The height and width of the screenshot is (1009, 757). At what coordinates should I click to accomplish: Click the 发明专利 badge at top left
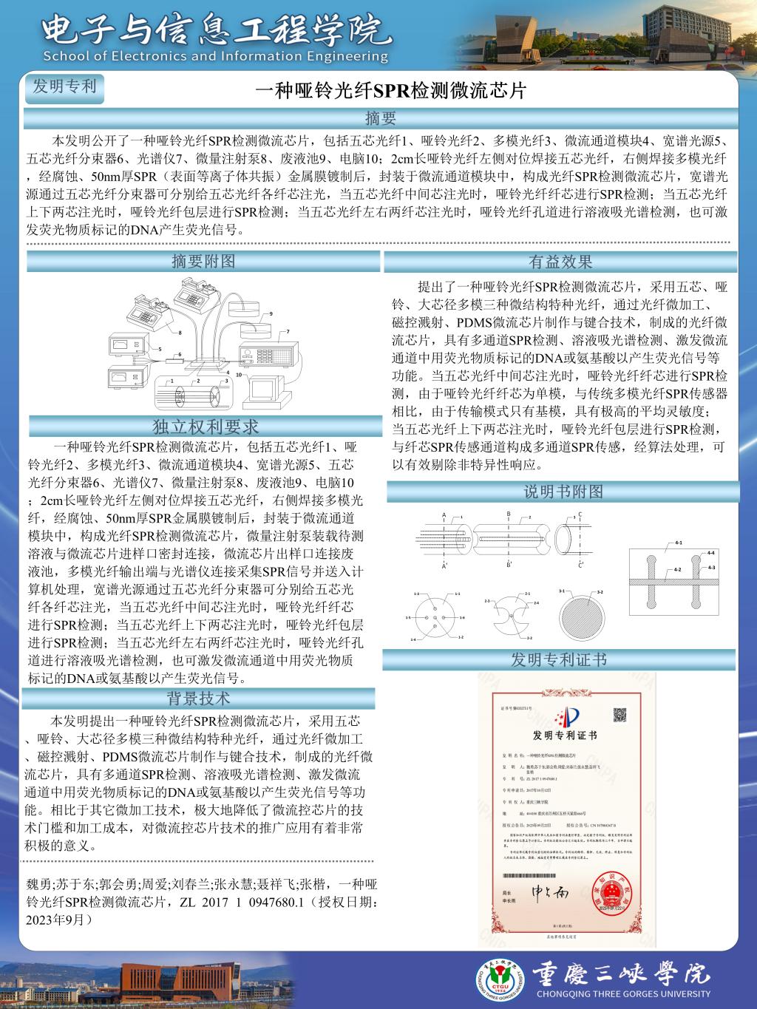(65, 86)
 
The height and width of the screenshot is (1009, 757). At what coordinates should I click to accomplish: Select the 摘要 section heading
(381, 118)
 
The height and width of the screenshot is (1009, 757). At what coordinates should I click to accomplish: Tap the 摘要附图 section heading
(203, 261)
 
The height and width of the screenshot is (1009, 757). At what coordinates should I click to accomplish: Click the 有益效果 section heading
(560, 262)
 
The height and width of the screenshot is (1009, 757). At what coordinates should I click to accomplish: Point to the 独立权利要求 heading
(206, 427)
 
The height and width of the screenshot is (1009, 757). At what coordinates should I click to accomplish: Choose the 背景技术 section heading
(198, 698)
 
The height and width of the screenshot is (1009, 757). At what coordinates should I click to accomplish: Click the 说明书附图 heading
(563, 492)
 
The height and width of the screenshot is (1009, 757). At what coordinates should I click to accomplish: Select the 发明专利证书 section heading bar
(559, 659)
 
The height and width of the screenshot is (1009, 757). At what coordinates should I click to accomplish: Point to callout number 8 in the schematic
(180, 333)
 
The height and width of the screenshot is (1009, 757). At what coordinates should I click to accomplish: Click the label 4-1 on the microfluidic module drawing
(678, 543)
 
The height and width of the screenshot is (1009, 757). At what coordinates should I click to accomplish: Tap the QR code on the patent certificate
(619, 715)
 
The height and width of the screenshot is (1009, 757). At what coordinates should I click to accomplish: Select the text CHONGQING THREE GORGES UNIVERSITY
(622, 994)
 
